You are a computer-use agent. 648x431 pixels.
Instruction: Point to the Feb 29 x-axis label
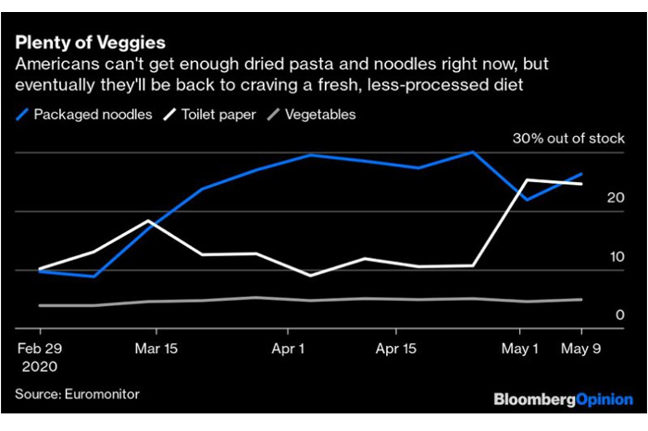click(40, 350)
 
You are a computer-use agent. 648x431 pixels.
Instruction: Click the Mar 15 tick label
click(157, 350)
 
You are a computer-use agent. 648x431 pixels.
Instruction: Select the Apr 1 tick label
click(289, 350)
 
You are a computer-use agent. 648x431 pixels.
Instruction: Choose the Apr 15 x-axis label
click(395, 350)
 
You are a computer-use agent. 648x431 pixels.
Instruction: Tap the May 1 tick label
click(520, 350)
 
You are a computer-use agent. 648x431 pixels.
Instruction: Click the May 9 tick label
click(581, 350)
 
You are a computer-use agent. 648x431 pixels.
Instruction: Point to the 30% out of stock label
click(569, 139)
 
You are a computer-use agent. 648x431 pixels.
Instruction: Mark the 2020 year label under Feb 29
click(40, 366)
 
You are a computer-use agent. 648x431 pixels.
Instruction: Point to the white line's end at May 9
click(581, 184)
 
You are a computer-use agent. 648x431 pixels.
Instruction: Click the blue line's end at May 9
click(581, 173)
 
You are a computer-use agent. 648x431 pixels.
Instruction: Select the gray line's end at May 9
click(581, 300)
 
